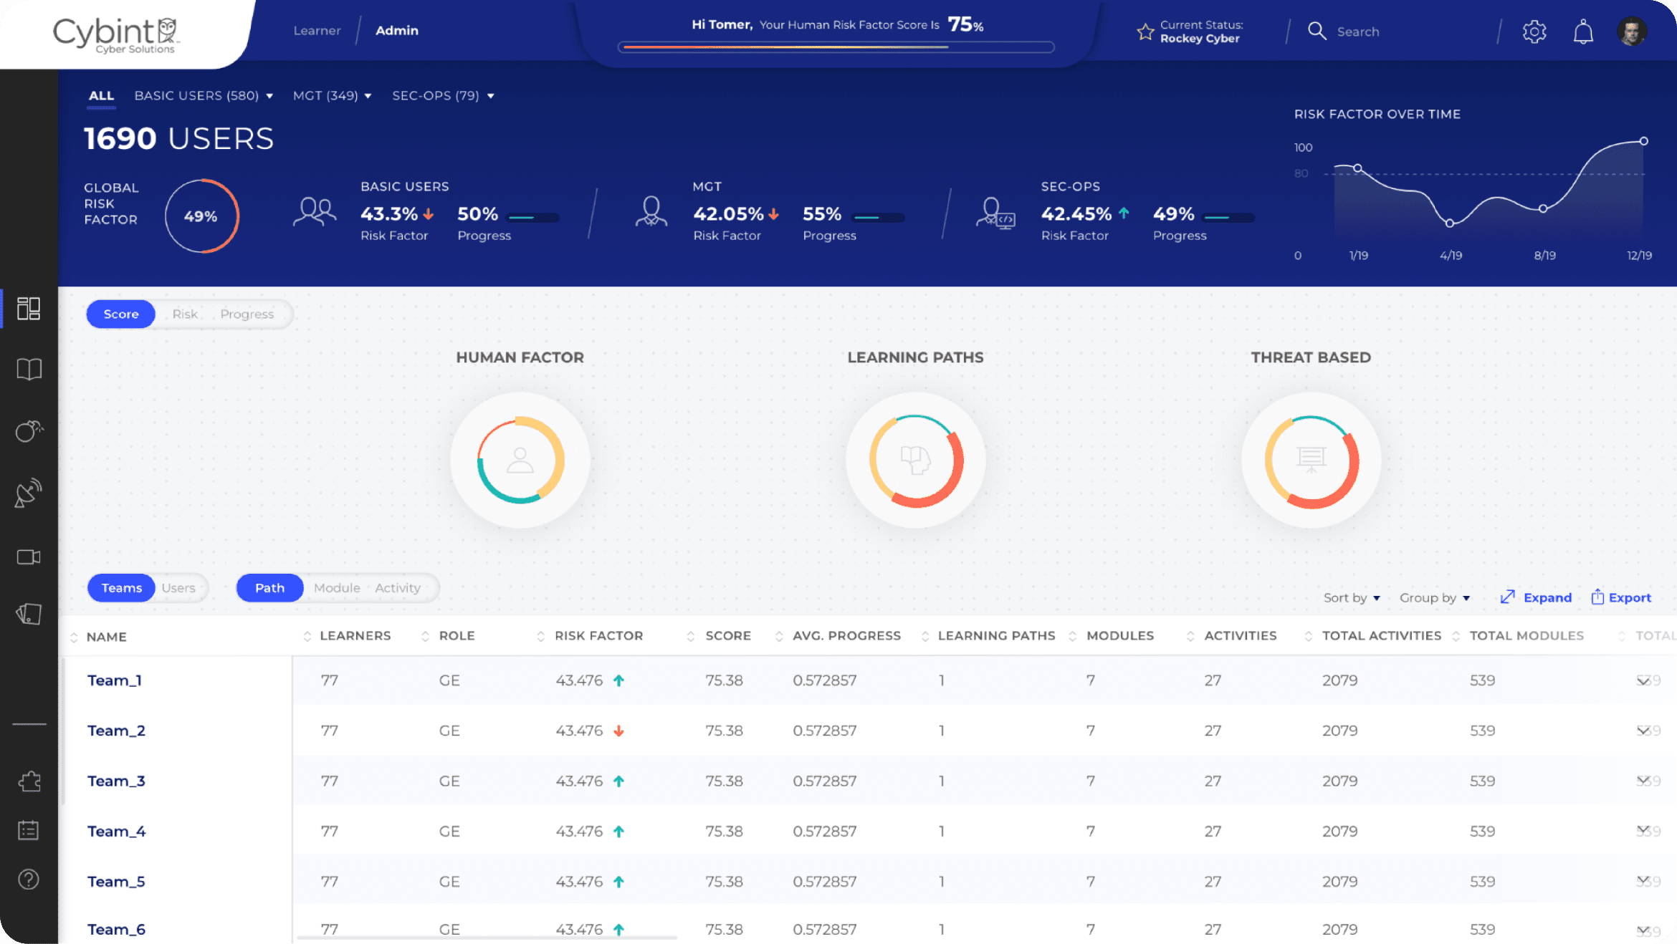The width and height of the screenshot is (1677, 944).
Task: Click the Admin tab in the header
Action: pyautogui.click(x=396, y=30)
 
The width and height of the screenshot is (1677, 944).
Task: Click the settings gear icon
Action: pyautogui.click(x=1534, y=32)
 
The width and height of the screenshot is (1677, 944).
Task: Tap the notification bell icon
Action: pyautogui.click(x=1583, y=32)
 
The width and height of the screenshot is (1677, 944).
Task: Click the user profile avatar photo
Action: pyautogui.click(x=1631, y=32)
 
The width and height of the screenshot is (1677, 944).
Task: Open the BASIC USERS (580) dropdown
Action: pyautogui.click(x=204, y=95)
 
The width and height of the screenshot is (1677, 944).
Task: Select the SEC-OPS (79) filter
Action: pyautogui.click(x=442, y=95)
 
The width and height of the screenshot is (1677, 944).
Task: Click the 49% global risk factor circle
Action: pyautogui.click(x=201, y=216)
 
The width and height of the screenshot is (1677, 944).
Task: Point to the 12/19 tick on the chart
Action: pyautogui.click(x=1638, y=255)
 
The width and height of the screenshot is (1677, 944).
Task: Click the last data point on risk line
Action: pyautogui.click(x=1643, y=141)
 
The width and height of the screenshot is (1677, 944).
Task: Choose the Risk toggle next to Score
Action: pyautogui.click(x=185, y=314)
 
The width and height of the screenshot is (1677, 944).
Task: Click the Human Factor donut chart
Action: pyautogui.click(x=520, y=460)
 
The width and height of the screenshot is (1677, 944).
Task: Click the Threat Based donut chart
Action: pyautogui.click(x=1311, y=460)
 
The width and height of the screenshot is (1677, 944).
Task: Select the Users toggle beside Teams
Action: pyautogui.click(x=178, y=587)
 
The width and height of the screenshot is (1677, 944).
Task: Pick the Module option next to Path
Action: pyautogui.click(x=337, y=587)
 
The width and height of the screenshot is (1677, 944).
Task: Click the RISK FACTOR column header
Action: pyautogui.click(x=598, y=635)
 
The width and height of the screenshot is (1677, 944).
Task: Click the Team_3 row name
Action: pyautogui.click(x=116, y=781)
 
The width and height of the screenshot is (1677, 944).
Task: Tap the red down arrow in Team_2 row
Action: pyautogui.click(x=618, y=731)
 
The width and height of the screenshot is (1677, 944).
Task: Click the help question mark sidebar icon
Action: pyautogui.click(x=29, y=879)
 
